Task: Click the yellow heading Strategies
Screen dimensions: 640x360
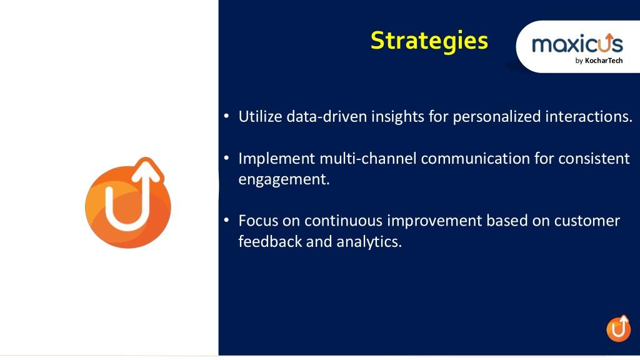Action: pos(429,41)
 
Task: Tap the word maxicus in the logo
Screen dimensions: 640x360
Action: pos(577,43)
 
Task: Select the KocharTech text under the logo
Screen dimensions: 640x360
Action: pos(604,61)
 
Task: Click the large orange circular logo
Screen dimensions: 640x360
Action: pos(127,203)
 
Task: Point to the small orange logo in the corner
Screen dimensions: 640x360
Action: pos(618,328)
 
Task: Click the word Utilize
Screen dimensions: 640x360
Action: pos(260,117)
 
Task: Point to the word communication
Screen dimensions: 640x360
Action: pos(475,158)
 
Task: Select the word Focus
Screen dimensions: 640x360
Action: pos(258,221)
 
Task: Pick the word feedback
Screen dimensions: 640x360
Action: pos(270,242)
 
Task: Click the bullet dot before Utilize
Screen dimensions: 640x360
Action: pos(226,116)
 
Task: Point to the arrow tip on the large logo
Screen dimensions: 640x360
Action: pos(146,159)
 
